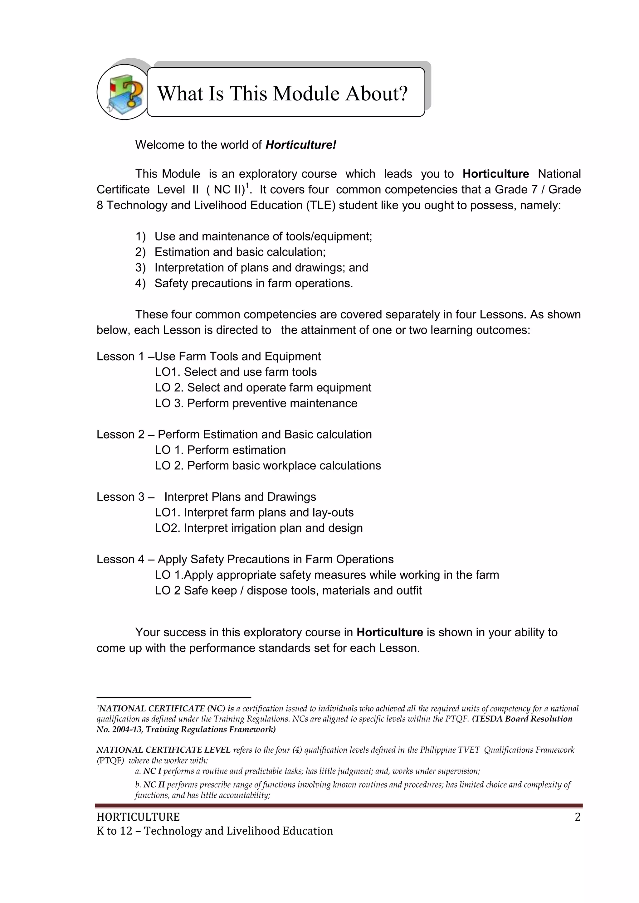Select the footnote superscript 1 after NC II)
(x=247, y=186)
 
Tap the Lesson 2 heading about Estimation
(x=234, y=435)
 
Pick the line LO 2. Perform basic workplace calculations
(x=268, y=466)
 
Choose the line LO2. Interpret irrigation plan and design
(x=259, y=528)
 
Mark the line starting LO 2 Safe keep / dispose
(x=288, y=591)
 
